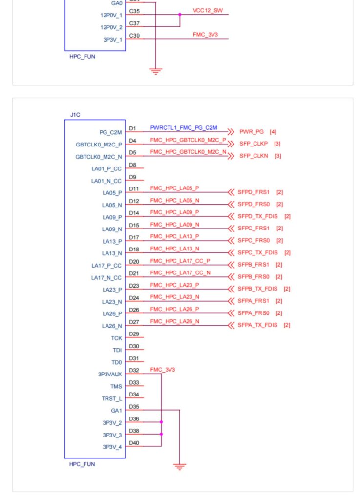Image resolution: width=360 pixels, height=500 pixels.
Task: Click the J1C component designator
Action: [x=75, y=115]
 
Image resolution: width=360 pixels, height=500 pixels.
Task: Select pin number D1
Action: [x=132, y=128]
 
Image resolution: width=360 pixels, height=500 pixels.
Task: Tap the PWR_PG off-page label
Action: [x=251, y=132]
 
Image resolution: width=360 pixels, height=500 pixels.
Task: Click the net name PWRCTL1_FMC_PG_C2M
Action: [x=184, y=127]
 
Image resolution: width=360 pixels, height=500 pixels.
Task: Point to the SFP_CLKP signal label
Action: [x=254, y=144]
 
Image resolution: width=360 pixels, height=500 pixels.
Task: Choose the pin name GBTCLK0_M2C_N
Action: [x=99, y=157]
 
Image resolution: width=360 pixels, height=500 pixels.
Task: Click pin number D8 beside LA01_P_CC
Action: [x=133, y=165]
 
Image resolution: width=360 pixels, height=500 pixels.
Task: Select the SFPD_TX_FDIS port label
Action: [x=257, y=216]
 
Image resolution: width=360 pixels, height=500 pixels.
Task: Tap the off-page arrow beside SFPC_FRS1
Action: [x=231, y=229]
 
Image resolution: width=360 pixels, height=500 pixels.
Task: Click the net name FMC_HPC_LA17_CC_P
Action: [x=180, y=261]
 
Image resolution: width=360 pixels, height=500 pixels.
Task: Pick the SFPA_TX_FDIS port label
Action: [x=257, y=325]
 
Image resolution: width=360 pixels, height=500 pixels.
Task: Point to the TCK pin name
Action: [x=116, y=338]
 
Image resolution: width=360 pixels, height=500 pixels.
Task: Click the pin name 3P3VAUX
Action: [x=110, y=375]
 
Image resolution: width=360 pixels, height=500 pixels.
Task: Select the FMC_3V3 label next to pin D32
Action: [x=163, y=370]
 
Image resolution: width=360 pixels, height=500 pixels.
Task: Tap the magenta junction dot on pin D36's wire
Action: [x=161, y=422]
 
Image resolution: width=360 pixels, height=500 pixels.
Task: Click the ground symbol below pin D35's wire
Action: [x=180, y=466]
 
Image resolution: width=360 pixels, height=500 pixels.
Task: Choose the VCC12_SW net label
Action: [x=208, y=11]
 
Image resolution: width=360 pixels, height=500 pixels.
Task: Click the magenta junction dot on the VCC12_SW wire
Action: [x=180, y=14]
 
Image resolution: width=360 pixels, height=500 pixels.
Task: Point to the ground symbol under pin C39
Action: [x=156, y=71]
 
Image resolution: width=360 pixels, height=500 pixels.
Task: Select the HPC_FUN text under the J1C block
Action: [x=82, y=464]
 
